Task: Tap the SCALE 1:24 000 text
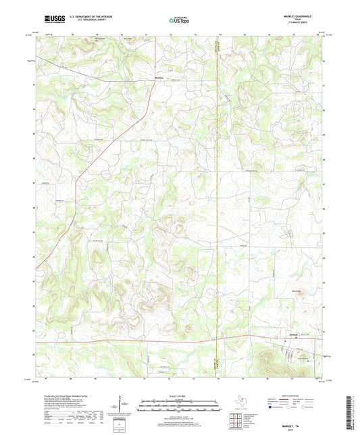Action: click(180, 396)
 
